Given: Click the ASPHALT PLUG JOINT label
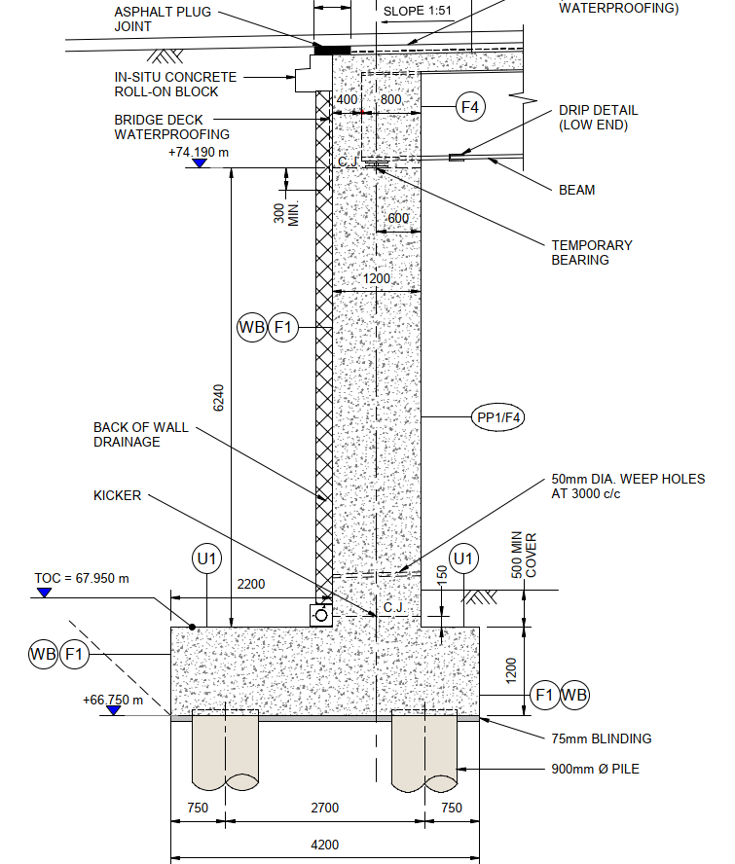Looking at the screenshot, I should (x=163, y=18).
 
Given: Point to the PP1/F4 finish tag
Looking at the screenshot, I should (x=499, y=417).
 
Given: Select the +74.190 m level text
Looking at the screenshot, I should (x=199, y=153).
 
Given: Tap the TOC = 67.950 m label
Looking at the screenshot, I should (x=82, y=578).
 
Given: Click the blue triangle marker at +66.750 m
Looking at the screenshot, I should (x=114, y=710).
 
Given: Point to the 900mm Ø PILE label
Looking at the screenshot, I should (x=594, y=769).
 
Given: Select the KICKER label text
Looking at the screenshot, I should (x=117, y=495).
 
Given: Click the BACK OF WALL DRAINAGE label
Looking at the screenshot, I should (x=141, y=435).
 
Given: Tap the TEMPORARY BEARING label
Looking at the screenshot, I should (x=592, y=253).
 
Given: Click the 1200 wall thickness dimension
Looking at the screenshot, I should (x=377, y=279).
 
